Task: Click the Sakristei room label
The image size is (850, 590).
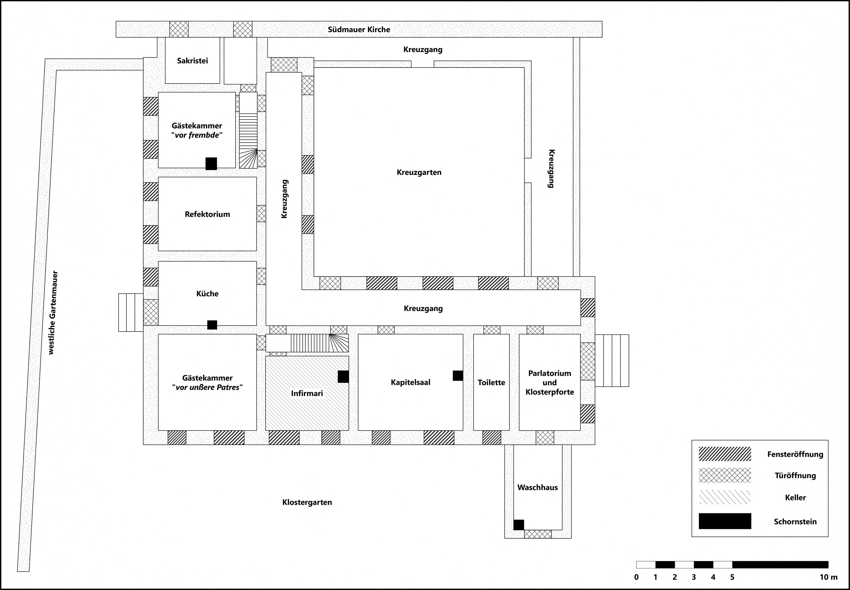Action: tap(192, 61)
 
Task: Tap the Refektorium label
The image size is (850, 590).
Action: tap(207, 214)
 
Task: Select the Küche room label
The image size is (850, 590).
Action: tap(207, 293)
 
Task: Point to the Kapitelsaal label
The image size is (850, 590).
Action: tap(410, 382)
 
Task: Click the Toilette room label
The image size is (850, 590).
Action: tap(491, 382)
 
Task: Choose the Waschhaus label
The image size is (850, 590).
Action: tap(538, 488)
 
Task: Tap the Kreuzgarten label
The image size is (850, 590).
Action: tap(419, 173)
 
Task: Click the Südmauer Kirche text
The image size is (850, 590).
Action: tap(359, 29)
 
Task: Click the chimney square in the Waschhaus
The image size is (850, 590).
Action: tap(518, 525)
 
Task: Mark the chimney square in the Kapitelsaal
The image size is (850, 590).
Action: tap(458, 376)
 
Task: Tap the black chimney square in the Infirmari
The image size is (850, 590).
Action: tap(343, 377)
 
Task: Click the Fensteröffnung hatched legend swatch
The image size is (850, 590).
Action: tap(725, 454)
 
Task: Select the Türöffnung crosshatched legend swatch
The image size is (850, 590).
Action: tap(725, 475)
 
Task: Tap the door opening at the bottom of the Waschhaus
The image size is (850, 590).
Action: tap(538, 534)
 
